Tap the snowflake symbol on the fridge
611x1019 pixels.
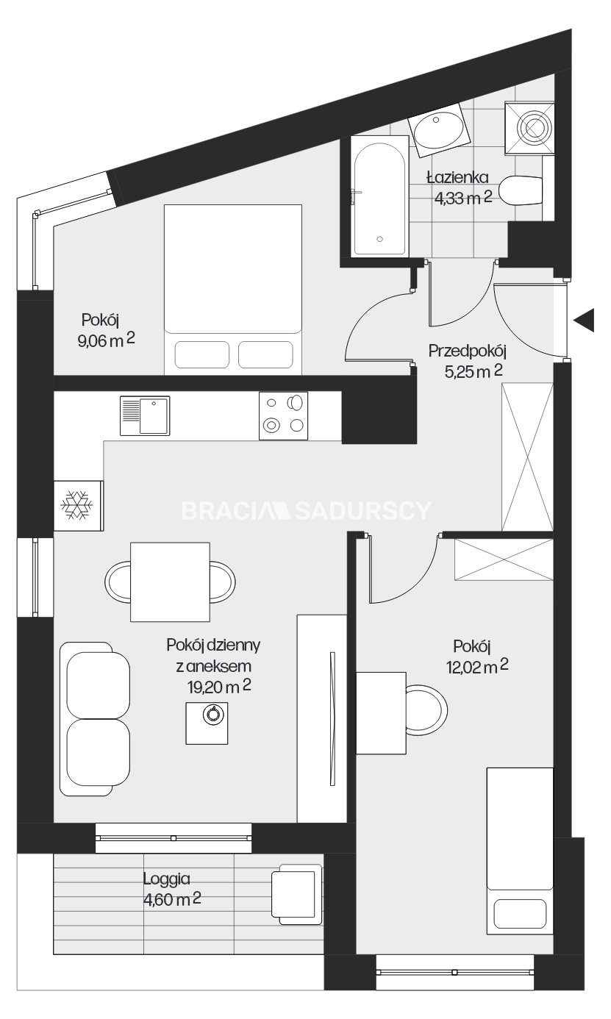pos(77,504)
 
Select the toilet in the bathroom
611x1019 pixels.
pos(521,190)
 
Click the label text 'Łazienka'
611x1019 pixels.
pos(457,177)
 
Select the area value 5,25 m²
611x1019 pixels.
pos(473,372)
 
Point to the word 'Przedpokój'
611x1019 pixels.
pos(468,351)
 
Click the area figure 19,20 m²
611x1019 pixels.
pos(220,687)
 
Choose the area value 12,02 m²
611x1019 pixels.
pos(476,667)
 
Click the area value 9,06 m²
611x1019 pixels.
pos(107,340)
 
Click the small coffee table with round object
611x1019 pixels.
pos(207,723)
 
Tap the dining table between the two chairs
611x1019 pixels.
pos(170,582)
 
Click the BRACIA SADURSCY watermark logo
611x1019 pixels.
pos(306,510)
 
